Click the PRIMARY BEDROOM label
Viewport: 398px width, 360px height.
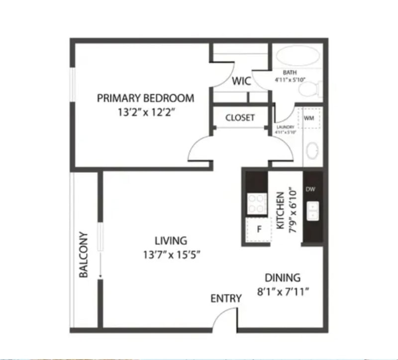(x=145, y=97)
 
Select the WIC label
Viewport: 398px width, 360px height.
(x=241, y=81)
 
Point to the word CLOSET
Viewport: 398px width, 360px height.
(x=240, y=118)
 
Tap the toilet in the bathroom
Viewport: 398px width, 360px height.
(x=309, y=90)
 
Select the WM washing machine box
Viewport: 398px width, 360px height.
(x=309, y=118)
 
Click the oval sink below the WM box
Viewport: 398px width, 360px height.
(x=312, y=151)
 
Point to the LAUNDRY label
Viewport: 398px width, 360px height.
(x=286, y=127)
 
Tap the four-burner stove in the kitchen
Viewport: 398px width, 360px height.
(x=256, y=203)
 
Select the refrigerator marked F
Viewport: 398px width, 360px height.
(x=258, y=229)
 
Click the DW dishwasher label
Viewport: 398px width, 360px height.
(x=310, y=189)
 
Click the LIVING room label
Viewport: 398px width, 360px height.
(x=171, y=241)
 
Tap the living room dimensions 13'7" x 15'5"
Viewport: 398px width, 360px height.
(x=171, y=256)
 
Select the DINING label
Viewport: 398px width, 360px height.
(x=282, y=277)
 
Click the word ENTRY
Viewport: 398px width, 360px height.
(x=226, y=298)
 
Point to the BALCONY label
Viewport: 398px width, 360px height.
(x=84, y=255)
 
